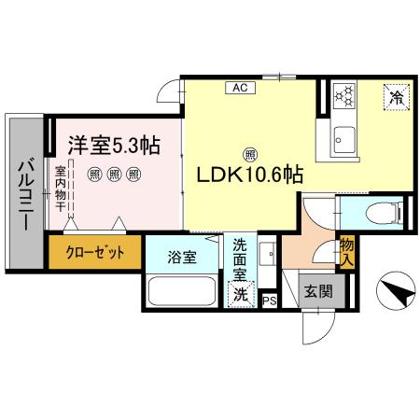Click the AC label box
tap(240, 89)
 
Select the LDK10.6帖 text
tap(247, 175)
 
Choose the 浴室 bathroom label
tap(182, 257)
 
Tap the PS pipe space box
tap(270, 301)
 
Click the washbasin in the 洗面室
tap(264, 254)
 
